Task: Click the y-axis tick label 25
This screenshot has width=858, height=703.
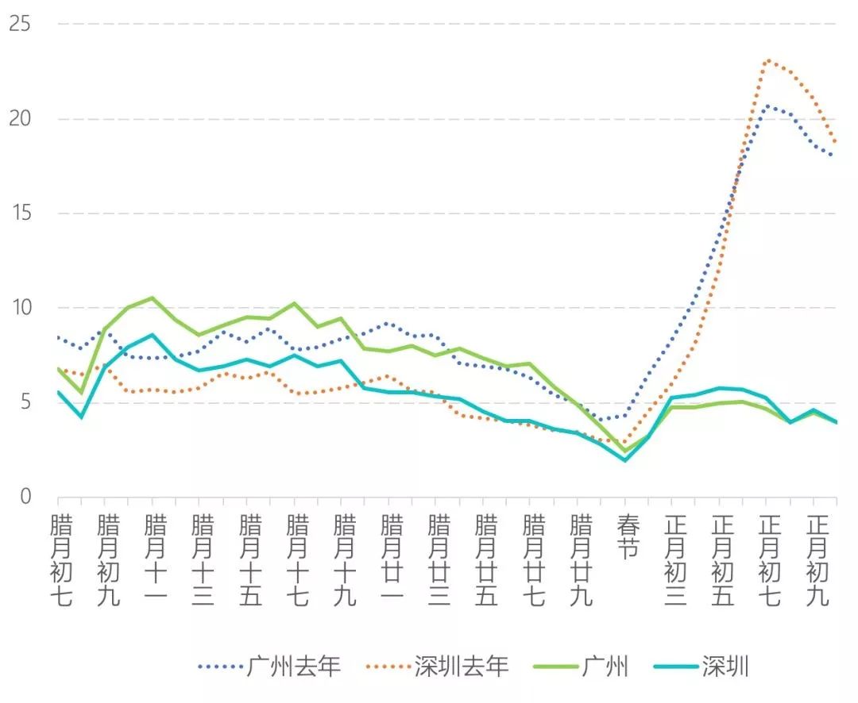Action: [x=20, y=25]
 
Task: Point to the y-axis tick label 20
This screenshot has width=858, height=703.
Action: [x=20, y=119]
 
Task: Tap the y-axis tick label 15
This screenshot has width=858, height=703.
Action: [x=20, y=213]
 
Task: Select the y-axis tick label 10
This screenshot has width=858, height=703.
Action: [x=20, y=308]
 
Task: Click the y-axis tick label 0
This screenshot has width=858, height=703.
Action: [x=25, y=497]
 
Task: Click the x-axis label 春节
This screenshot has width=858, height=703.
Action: [x=628, y=537]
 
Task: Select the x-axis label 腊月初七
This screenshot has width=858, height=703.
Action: [x=61, y=560]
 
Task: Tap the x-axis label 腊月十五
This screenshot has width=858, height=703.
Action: [x=250, y=560]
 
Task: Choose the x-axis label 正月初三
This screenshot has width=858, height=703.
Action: [x=675, y=560]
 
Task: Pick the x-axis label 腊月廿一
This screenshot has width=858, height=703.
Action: [x=392, y=560]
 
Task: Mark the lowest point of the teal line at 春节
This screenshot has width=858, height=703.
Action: [x=626, y=460]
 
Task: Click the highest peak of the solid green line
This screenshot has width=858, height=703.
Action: [x=152, y=298]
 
